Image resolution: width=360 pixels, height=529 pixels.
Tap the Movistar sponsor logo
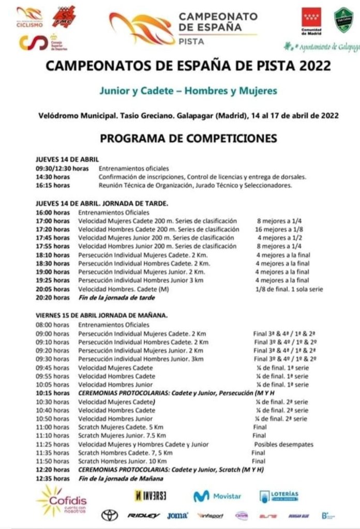click(x=217, y=496)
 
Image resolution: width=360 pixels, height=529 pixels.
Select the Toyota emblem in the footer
click(x=109, y=515)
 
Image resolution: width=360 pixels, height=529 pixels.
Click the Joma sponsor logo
click(x=178, y=516)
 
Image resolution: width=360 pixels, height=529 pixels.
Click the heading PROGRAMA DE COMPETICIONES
click(x=188, y=138)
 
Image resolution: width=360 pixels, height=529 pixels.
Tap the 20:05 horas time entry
click(x=52, y=289)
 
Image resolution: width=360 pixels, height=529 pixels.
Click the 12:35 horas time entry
click(x=52, y=478)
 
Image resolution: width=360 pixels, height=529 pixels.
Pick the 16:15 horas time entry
click(x=52, y=185)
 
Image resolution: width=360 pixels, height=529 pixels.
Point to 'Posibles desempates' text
click(x=283, y=444)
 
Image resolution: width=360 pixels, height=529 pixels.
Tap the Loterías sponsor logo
click(x=279, y=496)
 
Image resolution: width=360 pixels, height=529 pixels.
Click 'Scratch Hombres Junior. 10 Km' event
click(x=122, y=461)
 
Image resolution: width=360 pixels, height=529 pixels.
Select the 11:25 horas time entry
click(x=52, y=444)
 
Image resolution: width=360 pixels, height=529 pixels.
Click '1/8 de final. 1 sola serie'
click(x=289, y=289)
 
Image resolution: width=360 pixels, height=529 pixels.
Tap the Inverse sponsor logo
click(x=151, y=495)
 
